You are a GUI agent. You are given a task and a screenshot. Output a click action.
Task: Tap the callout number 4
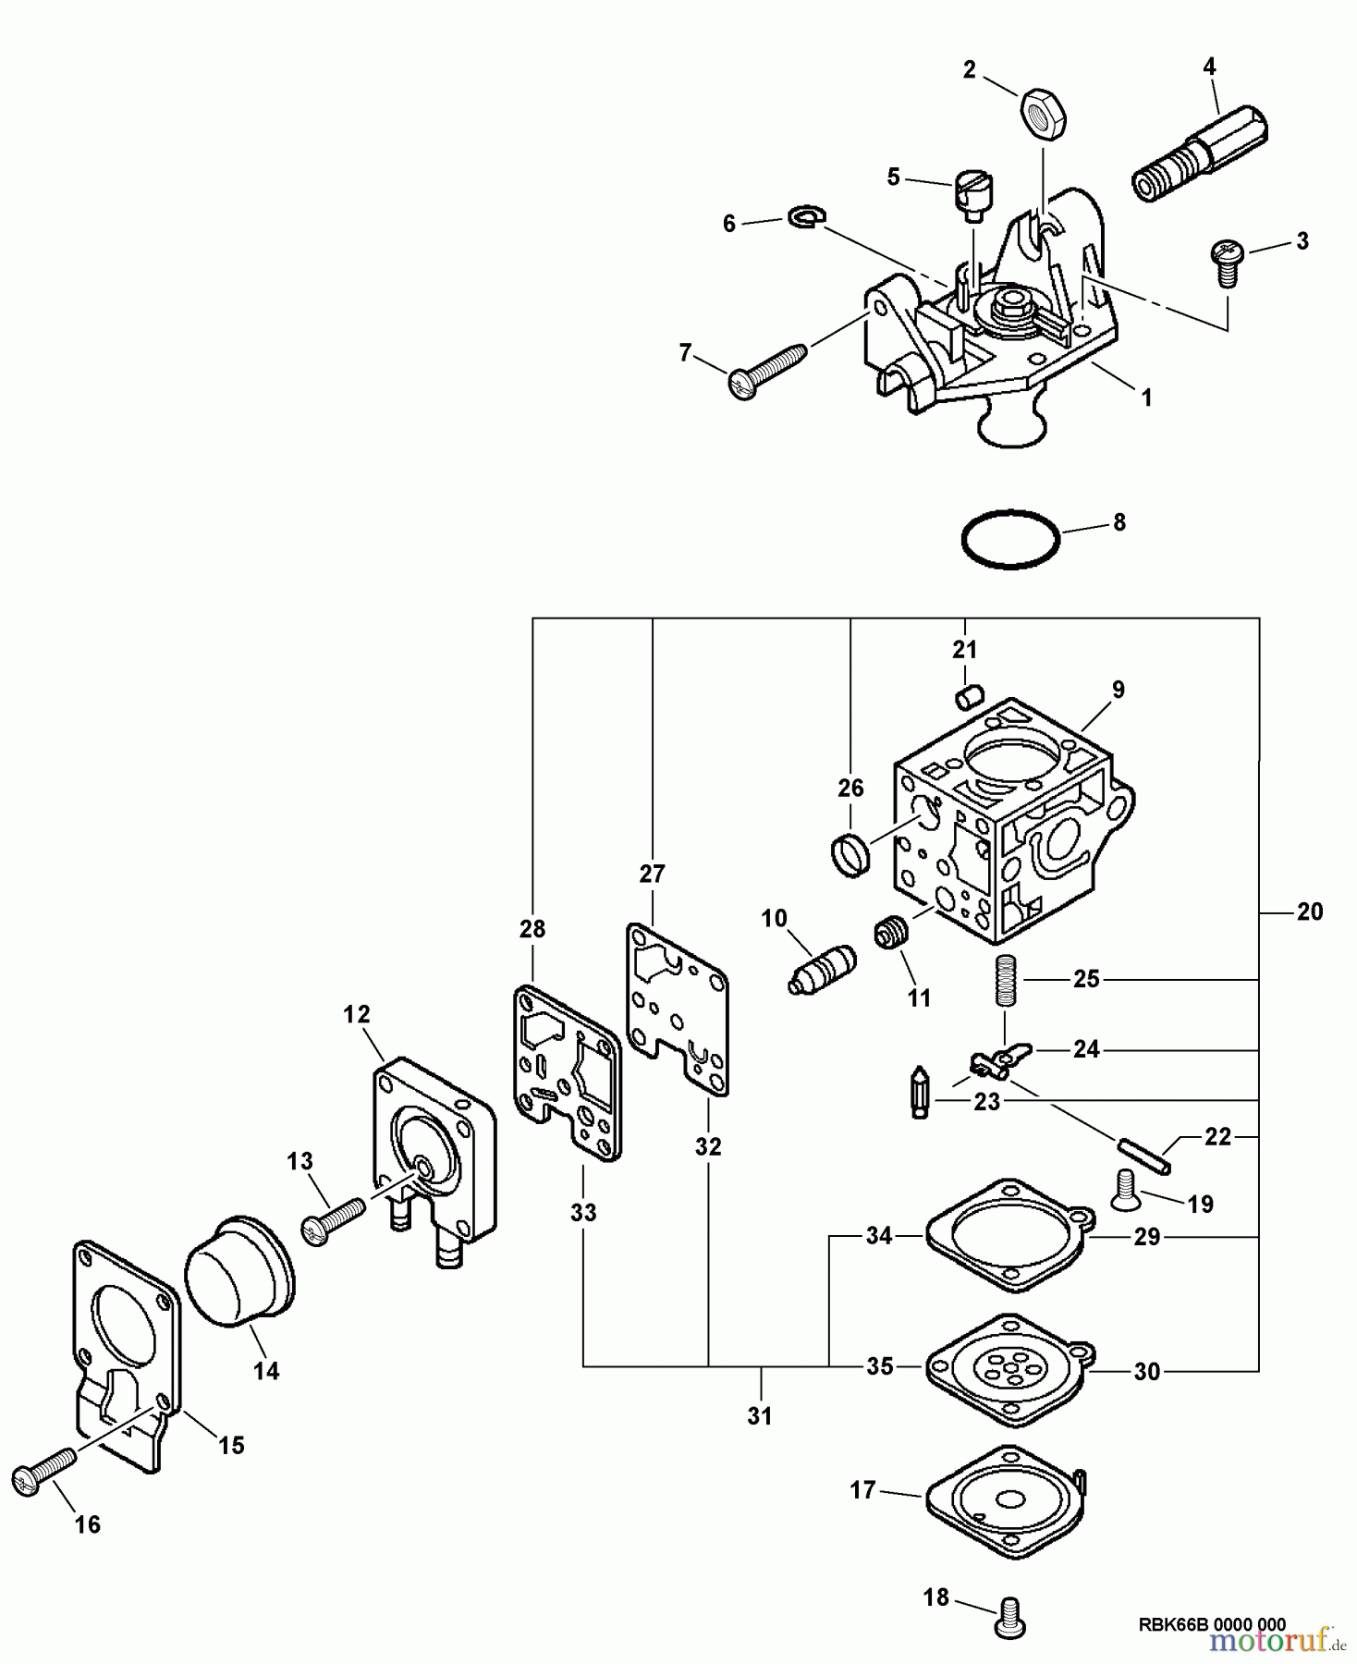pos(1209,67)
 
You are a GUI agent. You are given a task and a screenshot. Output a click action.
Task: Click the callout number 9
pos(1118,689)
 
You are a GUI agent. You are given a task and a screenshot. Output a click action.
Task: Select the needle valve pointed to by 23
pos(921,1093)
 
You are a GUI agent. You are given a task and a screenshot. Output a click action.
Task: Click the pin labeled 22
pos(1144,1156)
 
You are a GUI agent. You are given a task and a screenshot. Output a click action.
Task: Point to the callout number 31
pos(759,1415)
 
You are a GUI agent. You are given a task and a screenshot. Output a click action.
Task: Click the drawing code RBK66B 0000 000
pos(1212,1624)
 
